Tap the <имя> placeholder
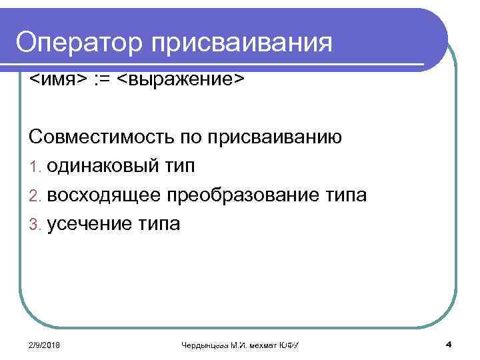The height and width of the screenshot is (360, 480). pyautogui.click(x=58, y=80)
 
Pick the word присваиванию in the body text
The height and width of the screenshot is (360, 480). pyautogui.click(x=275, y=138)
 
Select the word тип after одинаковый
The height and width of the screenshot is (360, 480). pyautogui.click(x=179, y=167)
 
